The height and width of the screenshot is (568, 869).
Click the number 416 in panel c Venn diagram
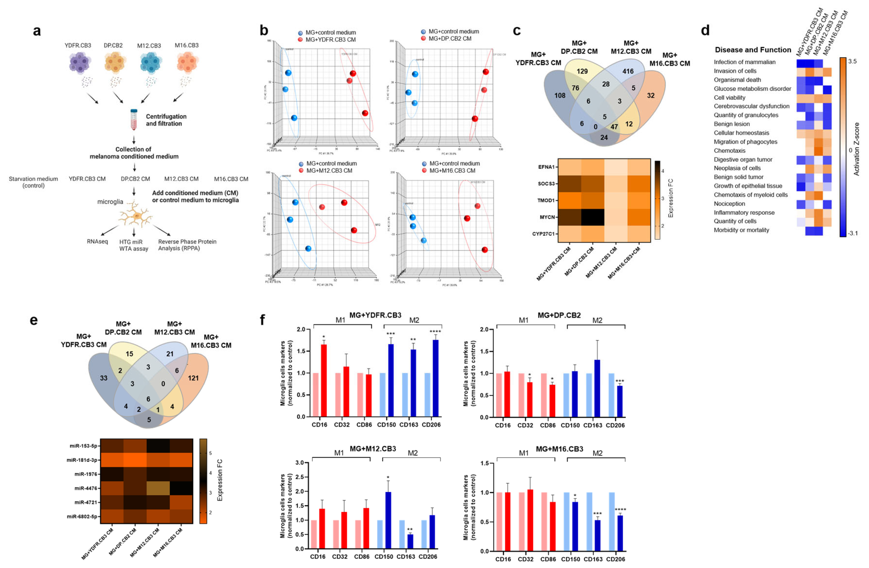click(628, 71)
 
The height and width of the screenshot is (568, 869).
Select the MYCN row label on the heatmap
click(547, 217)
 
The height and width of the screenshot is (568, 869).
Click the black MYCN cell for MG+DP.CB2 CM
click(593, 217)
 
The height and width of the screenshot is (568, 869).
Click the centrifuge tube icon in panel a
click(134, 119)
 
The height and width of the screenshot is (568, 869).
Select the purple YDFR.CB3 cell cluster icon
click(79, 62)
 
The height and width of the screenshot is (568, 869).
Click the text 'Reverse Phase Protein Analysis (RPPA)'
click(187, 245)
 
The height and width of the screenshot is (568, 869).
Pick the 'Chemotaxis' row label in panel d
click(729, 150)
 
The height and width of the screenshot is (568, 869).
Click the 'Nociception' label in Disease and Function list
click(729, 204)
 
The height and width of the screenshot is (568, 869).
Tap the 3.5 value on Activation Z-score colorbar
click(852, 61)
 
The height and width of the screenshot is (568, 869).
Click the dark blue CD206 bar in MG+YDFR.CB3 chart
click(435, 378)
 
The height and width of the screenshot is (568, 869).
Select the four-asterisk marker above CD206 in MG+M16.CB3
click(620, 509)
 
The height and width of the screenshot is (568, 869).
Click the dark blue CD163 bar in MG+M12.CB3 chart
click(410, 541)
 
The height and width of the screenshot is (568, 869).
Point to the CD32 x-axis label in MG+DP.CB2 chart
click(525, 425)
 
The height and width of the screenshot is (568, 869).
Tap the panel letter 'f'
click(262, 320)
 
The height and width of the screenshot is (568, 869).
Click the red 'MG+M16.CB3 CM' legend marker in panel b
click(424, 171)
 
